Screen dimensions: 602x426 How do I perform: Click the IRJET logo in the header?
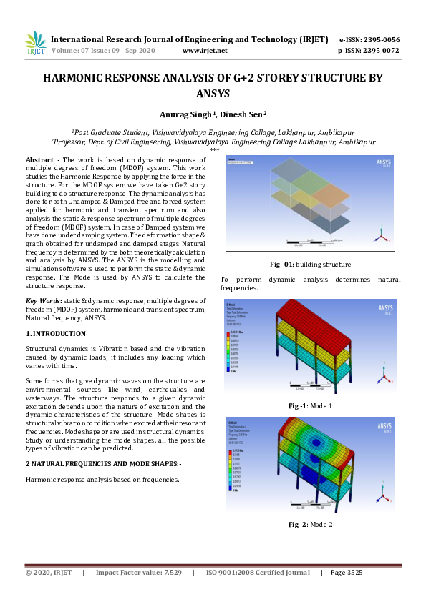[x=35, y=43]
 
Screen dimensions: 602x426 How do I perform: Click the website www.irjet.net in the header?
[x=205, y=51]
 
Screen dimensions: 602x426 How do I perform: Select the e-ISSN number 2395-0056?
[x=379, y=39]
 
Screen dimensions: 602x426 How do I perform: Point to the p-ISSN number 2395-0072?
[x=379, y=51]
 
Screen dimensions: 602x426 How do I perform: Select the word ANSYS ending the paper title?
[x=213, y=94]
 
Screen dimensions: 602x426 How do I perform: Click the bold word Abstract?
[x=41, y=160]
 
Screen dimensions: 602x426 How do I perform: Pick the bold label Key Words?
[x=44, y=301]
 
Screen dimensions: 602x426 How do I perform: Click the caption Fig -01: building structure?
[x=310, y=264]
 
